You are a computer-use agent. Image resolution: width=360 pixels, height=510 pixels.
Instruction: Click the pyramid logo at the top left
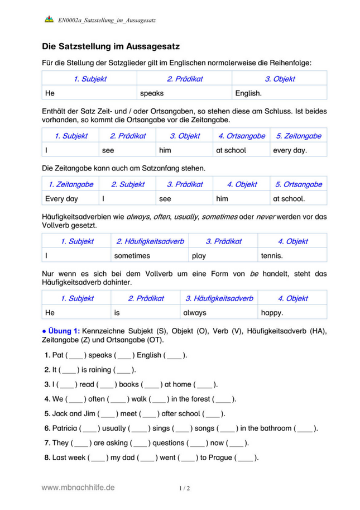(x=49, y=20)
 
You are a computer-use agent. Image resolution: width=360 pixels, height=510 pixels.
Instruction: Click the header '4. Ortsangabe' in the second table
(x=241, y=136)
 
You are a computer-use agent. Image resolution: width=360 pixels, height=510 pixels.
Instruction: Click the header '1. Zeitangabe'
(x=70, y=184)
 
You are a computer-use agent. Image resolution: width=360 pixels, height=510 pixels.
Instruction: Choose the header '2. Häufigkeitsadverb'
(x=150, y=242)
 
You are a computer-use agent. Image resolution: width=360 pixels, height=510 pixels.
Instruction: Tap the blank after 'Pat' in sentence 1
(x=76, y=355)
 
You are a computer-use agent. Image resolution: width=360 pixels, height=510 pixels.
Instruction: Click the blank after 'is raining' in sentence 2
(x=124, y=370)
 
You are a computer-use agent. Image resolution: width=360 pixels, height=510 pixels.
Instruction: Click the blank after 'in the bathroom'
(x=305, y=428)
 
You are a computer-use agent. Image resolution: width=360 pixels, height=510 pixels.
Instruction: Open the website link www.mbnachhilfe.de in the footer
(x=78, y=488)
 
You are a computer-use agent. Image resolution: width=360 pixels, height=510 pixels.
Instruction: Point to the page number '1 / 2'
(x=185, y=488)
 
